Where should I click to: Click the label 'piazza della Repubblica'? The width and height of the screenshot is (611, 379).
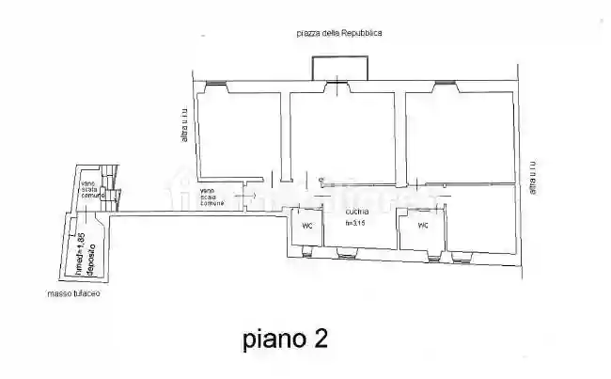pos(338,33)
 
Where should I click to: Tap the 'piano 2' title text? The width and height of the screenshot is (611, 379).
pos(285,338)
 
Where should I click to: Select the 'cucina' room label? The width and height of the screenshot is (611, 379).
pos(355,213)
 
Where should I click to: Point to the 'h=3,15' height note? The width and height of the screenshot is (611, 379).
pos(355,223)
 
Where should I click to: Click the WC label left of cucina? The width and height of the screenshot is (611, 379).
pos(306,226)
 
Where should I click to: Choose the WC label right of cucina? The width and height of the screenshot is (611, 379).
pos(423,226)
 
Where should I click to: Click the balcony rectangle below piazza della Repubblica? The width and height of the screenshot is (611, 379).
pos(340,67)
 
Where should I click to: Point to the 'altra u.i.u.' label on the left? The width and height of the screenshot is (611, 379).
pos(185,126)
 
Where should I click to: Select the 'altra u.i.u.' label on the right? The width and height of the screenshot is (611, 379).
pos(532,175)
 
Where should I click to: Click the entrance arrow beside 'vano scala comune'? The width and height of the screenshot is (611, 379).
pos(238,195)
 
